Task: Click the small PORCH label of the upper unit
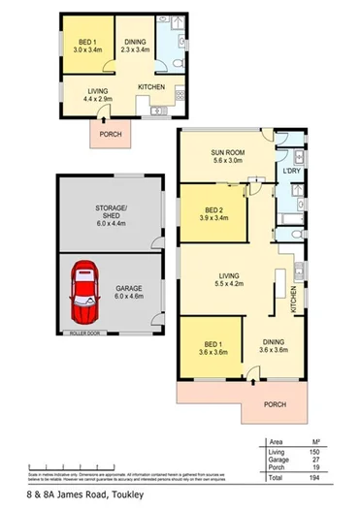pyautogui.click(x=111, y=134)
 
